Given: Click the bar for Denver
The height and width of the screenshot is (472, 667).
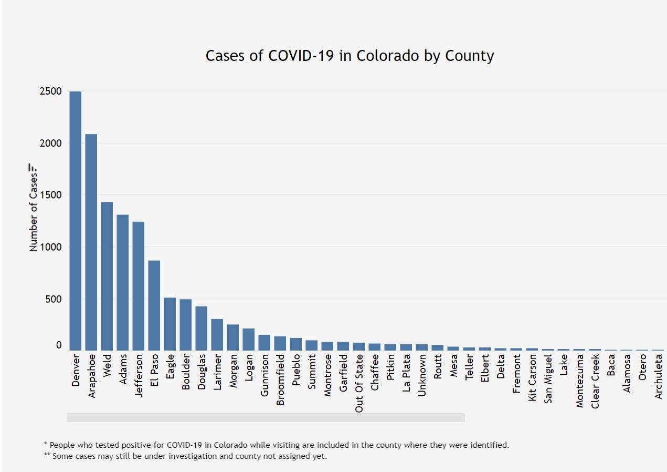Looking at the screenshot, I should click(x=76, y=221).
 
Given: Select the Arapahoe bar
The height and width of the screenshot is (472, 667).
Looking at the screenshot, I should click(x=91, y=242).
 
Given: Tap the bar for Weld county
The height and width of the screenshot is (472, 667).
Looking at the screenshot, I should click(x=107, y=276).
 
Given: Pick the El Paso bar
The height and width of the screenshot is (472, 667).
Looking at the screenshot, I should click(x=154, y=305).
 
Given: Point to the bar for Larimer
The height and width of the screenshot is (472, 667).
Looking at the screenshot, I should click(x=217, y=334).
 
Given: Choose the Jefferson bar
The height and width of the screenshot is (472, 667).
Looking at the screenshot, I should click(x=139, y=286).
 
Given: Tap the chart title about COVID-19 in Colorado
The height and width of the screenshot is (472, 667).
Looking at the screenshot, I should click(x=350, y=56).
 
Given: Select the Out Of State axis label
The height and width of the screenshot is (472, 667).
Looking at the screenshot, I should click(x=359, y=383).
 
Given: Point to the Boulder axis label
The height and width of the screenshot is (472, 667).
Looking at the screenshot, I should click(x=186, y=374).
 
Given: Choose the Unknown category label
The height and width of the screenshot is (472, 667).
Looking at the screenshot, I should click(x=422, y=375).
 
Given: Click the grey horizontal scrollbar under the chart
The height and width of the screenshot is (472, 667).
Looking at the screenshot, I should click(x=266, y=417).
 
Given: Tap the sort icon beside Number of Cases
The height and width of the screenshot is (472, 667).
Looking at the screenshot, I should click(x=33, y=168).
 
